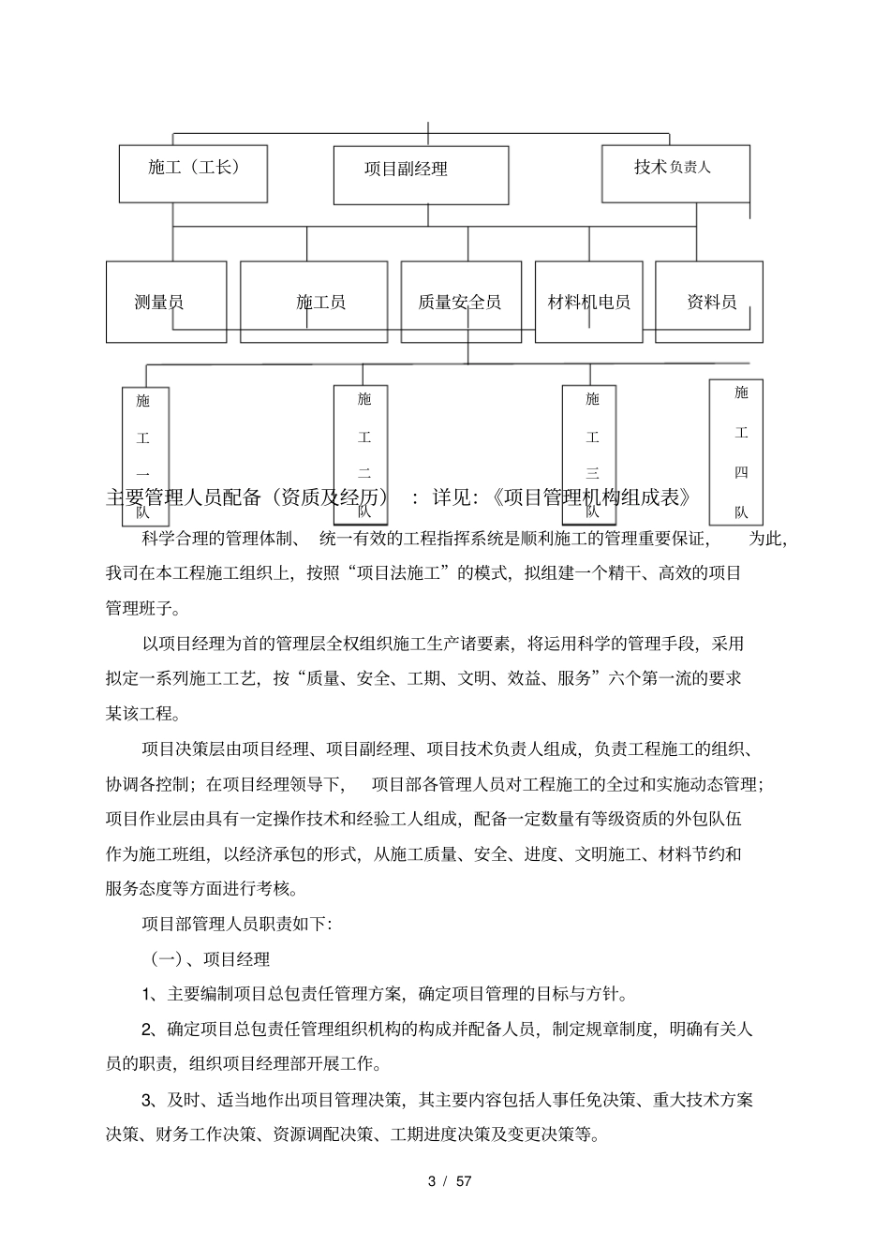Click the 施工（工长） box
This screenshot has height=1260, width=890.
point(193,173)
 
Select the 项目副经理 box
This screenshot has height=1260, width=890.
point(421,175)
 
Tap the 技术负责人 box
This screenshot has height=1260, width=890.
point(675,173)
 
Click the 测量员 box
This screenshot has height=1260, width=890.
point(166,302)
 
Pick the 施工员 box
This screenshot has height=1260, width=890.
point(314,302)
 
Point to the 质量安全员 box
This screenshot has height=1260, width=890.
point(461,302)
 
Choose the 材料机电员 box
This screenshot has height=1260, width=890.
point(588,302)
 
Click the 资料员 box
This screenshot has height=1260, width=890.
point(709,302)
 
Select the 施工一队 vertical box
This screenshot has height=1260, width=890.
point(145,455)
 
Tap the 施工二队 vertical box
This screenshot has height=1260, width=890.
point(364,455)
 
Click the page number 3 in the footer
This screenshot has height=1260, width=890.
point(432,1181)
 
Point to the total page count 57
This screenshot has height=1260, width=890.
point(464,1181)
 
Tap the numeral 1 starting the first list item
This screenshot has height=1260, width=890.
point(147,994)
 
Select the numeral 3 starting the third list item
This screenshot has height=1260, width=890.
point(147,1100)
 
